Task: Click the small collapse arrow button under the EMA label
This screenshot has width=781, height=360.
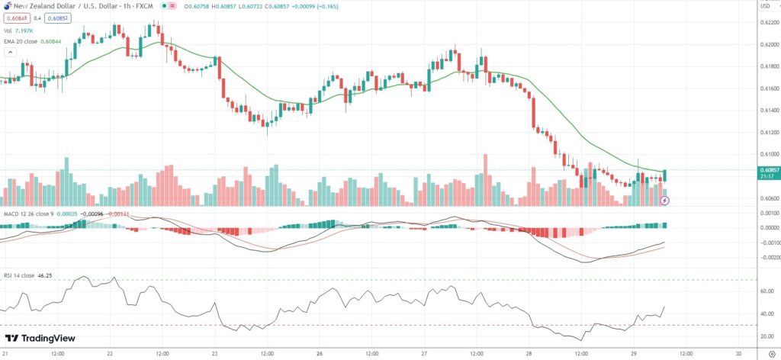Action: pyautogui.click(x=10, y=53)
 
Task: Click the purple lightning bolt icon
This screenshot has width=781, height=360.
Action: pyautogui.click(x=664, y=201)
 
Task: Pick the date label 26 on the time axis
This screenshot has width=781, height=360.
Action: pyautogui.click(x=320, y=354)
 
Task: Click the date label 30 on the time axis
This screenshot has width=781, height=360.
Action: pyautogui.click(x=739, y=354)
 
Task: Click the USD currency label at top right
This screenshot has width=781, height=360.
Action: pyautogui.click(x=766, y=8)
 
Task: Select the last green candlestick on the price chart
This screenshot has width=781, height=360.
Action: pyautogui.click(x=666, y=176)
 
